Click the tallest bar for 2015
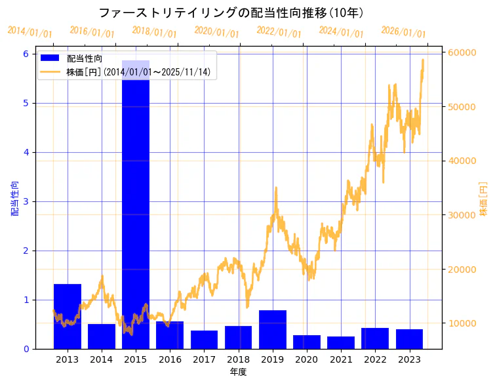click(x=136, y=203)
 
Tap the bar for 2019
click(x=273, y=329)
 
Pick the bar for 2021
click(x=341, y=342)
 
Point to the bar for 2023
click(x=409, y=338)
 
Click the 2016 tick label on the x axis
click(x=170, y=359)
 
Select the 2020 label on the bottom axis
click(x=307, y=359)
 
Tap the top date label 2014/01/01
click(x=30, y=31)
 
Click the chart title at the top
click(x=231, y=13)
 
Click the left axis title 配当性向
click(x=14, y=198)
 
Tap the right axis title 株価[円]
click(x=484, y=198)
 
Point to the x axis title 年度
click(x=238, y=372)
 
